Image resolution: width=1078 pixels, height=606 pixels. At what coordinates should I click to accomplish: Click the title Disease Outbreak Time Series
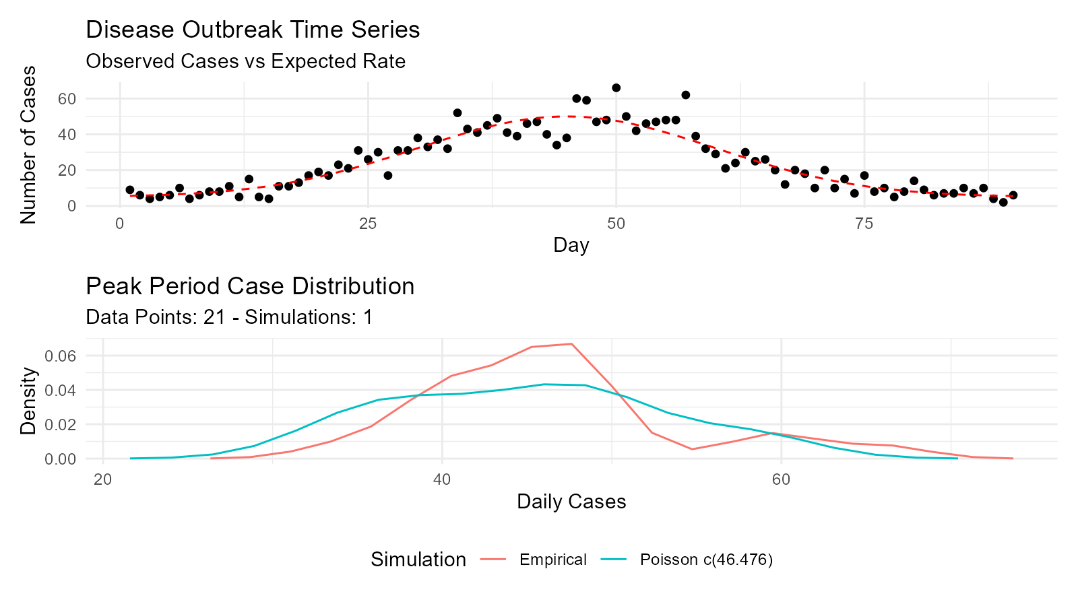click(x=253, y=30)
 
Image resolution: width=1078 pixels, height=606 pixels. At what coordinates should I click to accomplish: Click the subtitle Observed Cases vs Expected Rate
click(x=245, y=61)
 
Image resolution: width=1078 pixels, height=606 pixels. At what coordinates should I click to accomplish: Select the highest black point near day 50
click(x=616, y=88)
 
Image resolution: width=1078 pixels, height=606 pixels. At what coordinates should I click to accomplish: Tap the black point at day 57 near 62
click(x=685, y=95)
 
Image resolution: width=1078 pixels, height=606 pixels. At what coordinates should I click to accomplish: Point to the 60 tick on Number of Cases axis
click(x=67, y=99)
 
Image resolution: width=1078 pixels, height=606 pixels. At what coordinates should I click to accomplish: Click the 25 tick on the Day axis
click(x=367, y=224)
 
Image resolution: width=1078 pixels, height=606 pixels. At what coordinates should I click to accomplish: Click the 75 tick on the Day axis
click(x=864, y=224)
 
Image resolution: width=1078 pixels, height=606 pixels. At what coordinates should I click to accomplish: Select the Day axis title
click(x=571, y=245)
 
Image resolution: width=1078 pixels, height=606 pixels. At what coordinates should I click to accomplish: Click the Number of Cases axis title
click(x=28, y=144)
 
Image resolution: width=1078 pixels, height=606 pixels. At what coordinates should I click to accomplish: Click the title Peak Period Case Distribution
click(x=250, y=286)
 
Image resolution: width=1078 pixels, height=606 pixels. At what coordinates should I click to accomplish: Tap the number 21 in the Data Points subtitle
click(x=214, y=317)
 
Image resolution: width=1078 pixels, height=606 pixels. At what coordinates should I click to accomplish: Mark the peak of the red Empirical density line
click(x=571, y=344)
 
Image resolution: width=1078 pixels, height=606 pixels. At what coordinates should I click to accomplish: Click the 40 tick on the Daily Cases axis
click(x=442, y=479)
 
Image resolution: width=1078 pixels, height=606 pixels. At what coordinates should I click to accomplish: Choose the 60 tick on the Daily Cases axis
click(x=781, y=479)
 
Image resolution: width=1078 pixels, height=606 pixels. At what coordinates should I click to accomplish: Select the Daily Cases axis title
click(x=571, y=502)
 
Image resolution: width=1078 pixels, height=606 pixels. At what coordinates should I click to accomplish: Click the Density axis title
click(x=28, y=401)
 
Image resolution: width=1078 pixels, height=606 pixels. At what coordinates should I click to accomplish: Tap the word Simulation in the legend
click(x=418, y=560)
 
